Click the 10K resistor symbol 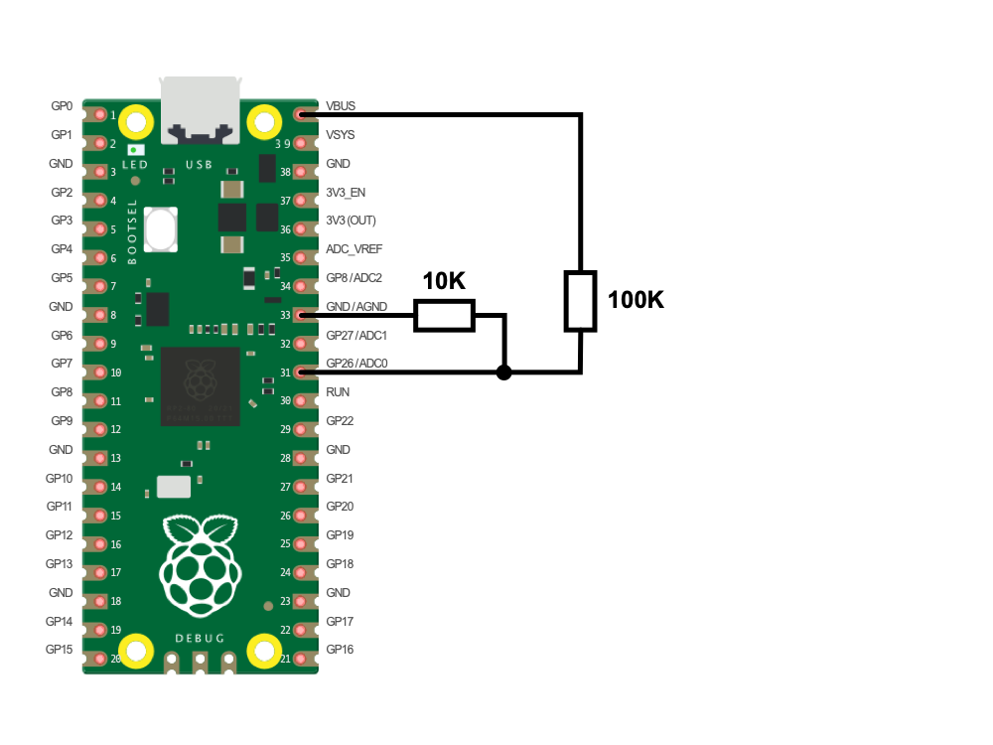pos(444,316)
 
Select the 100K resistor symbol pos(580,300)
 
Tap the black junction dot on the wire pos(504,372)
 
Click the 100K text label pos(636,300)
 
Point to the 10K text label pos(444,282)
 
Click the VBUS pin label pos(341,105)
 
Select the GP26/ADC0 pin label pos(356,364)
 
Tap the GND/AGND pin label pos(356,307)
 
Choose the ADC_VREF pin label pos(355,249)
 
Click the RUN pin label pos(338,392)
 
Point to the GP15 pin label pos(61,650)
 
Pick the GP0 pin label pos(62,105)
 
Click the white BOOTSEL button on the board pos(161,229)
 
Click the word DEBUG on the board pos(200,638)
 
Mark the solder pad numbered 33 pos(301,315)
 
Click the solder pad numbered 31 pos(301,372)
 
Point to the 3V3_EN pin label pos(346,192)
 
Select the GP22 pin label pos(341,421)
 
